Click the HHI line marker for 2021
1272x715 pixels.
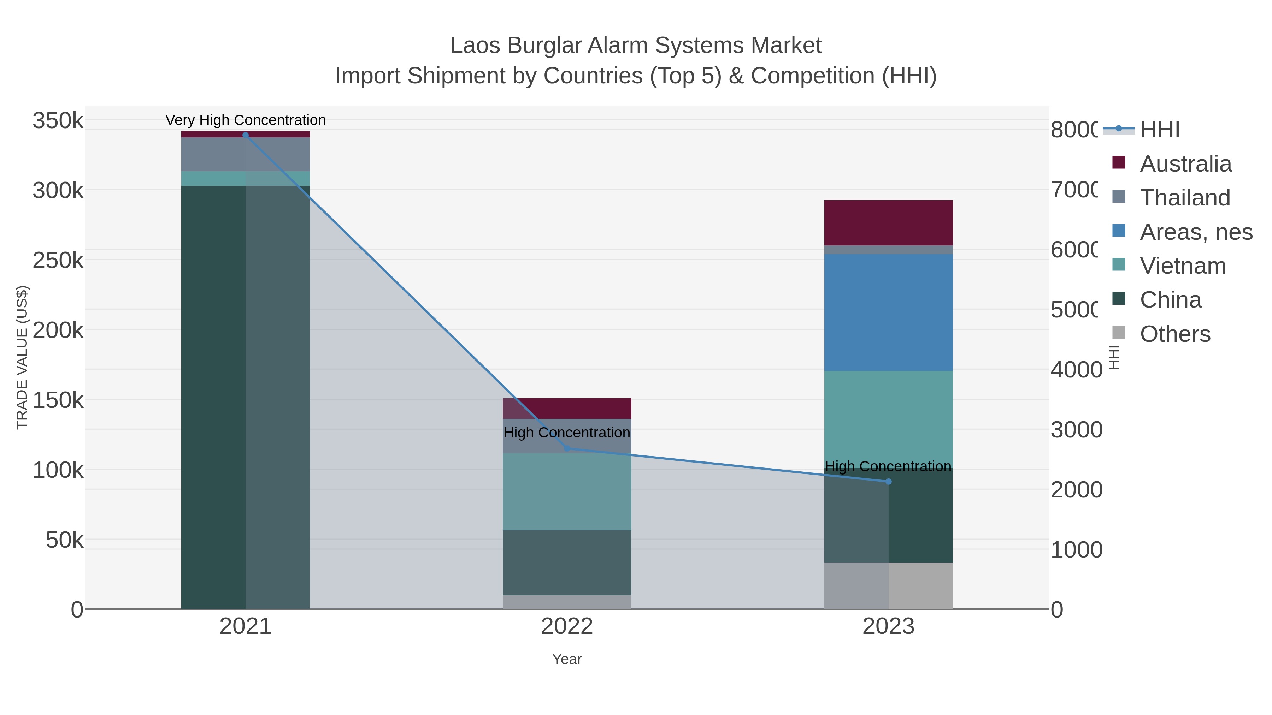[246, 135]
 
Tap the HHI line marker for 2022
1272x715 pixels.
[567, 448]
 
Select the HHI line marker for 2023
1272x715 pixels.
[888, 482]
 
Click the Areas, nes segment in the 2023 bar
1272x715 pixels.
[888, 312]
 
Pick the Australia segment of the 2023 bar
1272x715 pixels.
[888, 222]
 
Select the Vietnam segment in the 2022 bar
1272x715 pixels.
[567, 491]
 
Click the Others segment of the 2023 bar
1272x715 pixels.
[888, 586]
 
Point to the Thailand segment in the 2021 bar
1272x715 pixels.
[246, 154]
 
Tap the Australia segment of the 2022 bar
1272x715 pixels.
[567, 409]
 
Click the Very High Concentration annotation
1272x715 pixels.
[246, 120]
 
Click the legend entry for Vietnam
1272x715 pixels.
[1182, 266]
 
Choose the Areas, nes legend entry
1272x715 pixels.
[1195, 232]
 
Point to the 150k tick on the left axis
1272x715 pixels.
[58, 400]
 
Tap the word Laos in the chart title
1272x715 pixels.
[475, 46]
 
